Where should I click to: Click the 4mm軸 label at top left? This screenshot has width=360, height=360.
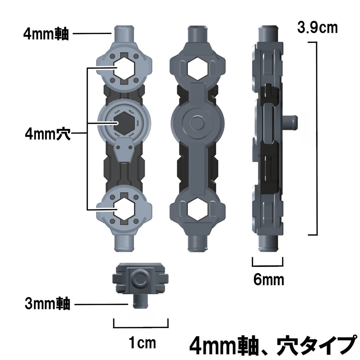[x=46, y=34]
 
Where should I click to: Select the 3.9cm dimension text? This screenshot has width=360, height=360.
[x=317, y=27]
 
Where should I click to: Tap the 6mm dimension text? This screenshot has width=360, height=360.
[x=268, y=280]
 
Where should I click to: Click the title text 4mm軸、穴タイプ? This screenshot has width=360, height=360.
[x=271, y=346]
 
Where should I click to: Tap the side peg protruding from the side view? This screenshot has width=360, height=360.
[x=291, y=123]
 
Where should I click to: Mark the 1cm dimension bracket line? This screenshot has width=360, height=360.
[x=141, y=326]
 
